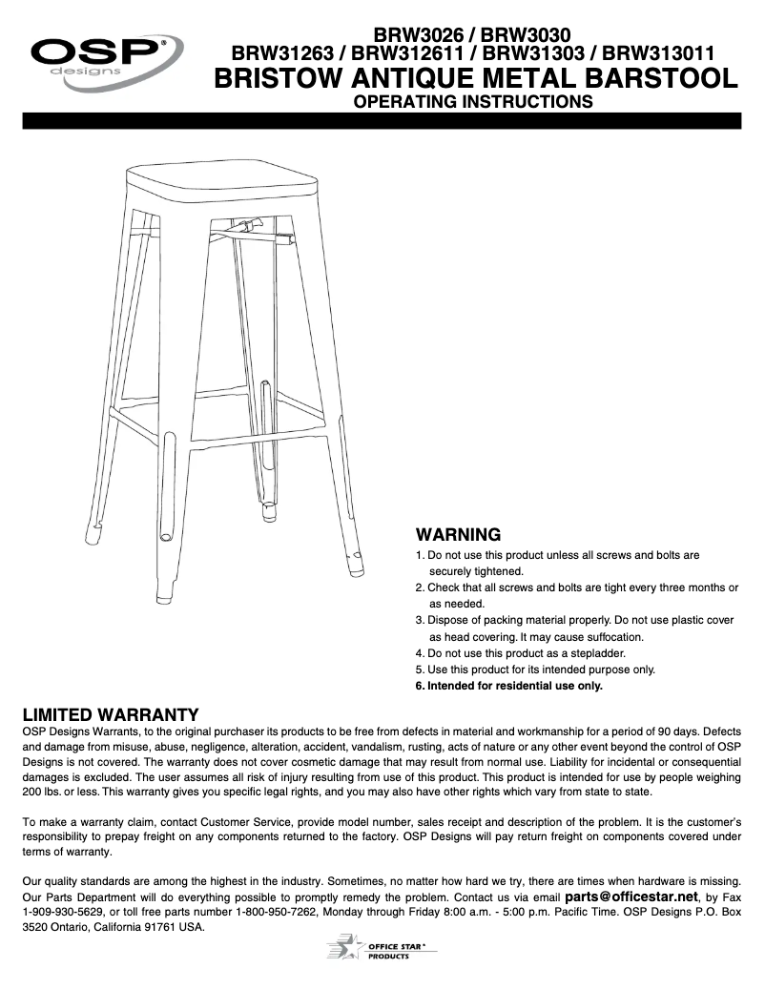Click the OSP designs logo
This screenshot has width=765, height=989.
pyautogui.click(x=104, y=58)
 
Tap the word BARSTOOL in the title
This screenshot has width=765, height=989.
pyautogui.click(x=649, y=79)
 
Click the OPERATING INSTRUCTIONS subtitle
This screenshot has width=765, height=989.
pyautogui.click(x=473, y=101)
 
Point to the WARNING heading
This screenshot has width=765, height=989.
pyautogui.click(x=458, y=535)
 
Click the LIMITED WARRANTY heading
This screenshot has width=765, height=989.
pyautogui.click(x=111, y=714)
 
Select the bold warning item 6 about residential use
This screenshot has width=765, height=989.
pyautogui.click(x=509, y=686)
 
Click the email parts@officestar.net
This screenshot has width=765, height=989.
pyautogui.click(x=631, y=896)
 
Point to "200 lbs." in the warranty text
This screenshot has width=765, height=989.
pyautogui.click(x=45, y=792)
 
